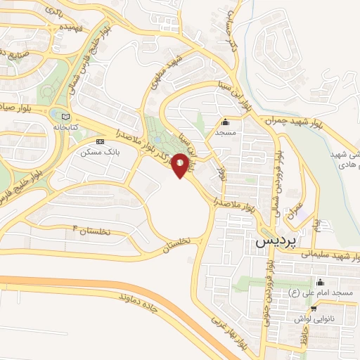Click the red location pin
pos(181,165)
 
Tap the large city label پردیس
pos(271,241)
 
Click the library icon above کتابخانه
pos(66,117)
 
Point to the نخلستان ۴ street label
pos(93,230)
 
